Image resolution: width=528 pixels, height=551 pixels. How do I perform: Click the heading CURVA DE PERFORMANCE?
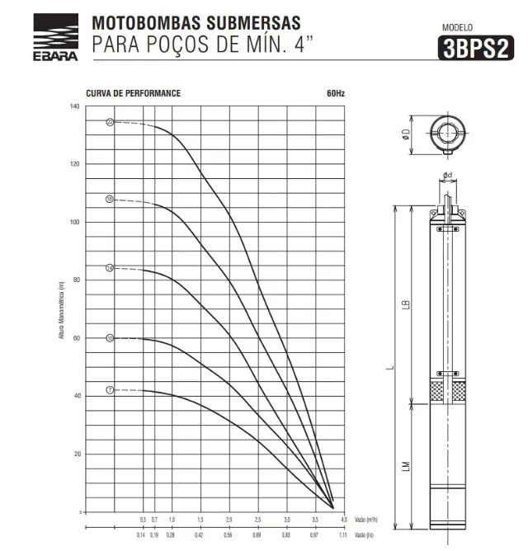point(133,93)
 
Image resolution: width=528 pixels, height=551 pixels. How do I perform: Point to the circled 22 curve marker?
point(109,122)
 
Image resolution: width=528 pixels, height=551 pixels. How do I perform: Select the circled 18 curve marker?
point(109,200)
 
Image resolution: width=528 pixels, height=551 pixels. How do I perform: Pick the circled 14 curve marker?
point(109,268)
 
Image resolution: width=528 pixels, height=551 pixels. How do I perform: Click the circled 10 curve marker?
point(109,337)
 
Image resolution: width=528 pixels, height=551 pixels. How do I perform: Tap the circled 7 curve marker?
point(109,389)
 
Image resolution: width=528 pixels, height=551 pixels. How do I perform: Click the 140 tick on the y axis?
point(75,107)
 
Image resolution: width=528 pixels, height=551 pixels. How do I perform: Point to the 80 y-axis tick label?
point(76,280)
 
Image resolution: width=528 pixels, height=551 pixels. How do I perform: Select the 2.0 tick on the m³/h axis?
point(229,520)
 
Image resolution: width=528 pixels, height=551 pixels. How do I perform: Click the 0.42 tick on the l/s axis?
point(200,535)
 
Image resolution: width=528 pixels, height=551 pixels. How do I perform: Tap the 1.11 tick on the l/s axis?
point(342,535)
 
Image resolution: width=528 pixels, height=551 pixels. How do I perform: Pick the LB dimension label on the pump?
point(404,304)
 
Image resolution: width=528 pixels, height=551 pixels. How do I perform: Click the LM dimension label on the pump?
point(404,467)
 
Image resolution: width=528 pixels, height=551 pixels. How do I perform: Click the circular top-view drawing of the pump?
point(449,134)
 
